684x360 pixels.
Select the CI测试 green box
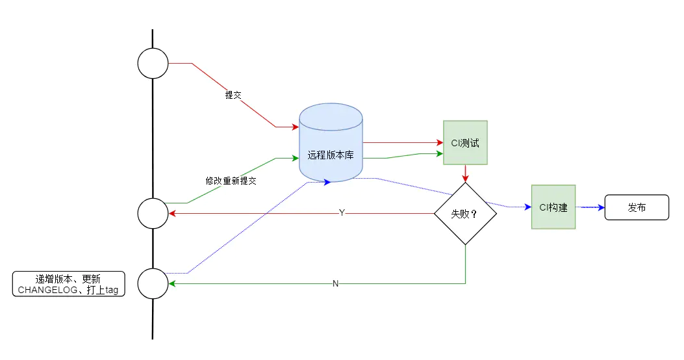465,142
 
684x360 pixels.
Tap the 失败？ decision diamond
465,213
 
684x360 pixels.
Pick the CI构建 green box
553,207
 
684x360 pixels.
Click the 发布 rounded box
637,207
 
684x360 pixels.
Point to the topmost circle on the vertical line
153,64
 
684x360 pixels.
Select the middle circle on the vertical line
153,213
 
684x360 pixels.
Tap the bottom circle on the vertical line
153,283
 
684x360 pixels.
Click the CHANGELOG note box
68,284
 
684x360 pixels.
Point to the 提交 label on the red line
233,95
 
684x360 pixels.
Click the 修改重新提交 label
231,181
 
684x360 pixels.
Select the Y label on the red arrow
342,213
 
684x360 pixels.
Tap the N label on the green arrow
335,283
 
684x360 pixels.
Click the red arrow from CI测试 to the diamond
465,173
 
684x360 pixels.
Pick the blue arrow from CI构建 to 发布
590,207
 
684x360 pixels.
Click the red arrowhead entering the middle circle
172,213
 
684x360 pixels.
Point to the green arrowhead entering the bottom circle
172,283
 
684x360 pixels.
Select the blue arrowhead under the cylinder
327,182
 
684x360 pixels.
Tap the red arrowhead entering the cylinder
295,127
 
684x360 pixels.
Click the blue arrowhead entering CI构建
527,207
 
